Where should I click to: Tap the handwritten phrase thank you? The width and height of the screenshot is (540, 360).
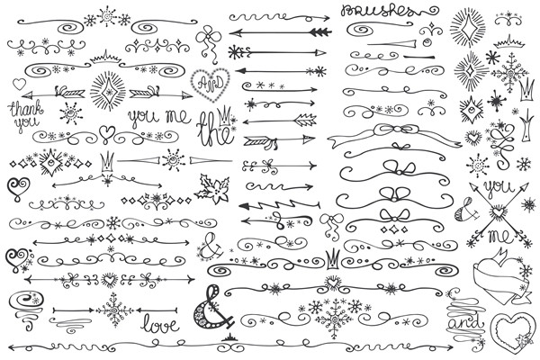[24, 114]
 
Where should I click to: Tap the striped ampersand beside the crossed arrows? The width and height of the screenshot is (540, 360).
[466, 209]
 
